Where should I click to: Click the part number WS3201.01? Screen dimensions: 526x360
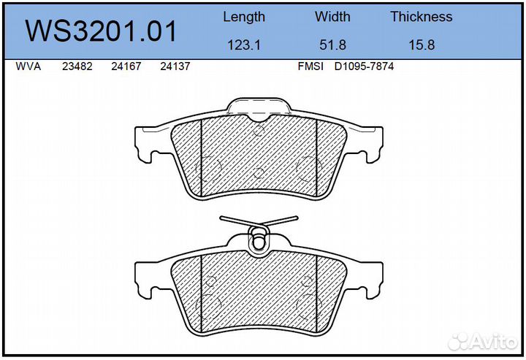(101, 31)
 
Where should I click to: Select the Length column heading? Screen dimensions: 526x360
(244, 17)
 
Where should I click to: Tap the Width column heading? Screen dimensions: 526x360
(332, 17)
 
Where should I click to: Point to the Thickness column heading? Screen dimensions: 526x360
(422, 17)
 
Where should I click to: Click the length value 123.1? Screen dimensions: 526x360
(244, 45)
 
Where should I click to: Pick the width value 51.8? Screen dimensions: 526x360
(332, 45)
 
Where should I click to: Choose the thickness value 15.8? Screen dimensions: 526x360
(422, 45)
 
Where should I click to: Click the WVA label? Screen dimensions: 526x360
(28, 66)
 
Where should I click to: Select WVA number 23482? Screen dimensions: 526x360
(77, 66)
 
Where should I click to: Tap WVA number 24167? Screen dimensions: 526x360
(126, 66)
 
